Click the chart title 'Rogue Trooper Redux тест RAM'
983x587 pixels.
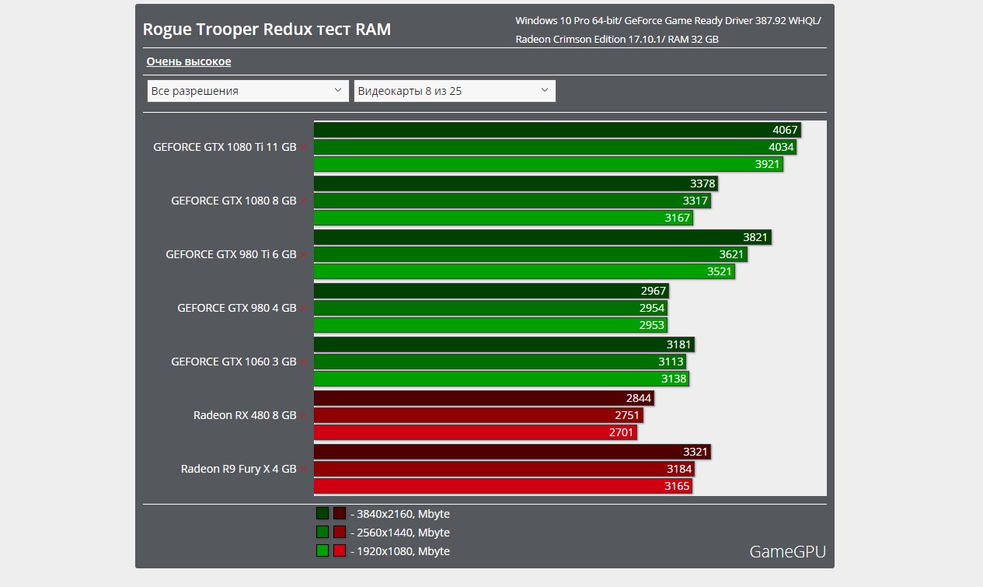tap(267, 30)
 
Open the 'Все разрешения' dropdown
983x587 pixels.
tap(248, 91)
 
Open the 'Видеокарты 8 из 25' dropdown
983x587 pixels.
tap(455, 91)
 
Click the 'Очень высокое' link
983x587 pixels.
tap(189, 61)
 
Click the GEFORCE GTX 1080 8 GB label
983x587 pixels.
tap(233, 201)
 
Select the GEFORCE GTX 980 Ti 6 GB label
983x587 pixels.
tap(231, 254)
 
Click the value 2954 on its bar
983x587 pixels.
tap(652, 308)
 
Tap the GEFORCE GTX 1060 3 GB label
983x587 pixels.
tap(233, 362)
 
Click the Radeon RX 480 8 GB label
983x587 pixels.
tap(245, 415)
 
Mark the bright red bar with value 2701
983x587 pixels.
tap(475, 432)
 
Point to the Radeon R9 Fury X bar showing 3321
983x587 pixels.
tap(512, 452)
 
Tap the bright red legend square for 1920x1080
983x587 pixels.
tap(340, 551)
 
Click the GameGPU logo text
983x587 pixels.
tap(787, 552)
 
